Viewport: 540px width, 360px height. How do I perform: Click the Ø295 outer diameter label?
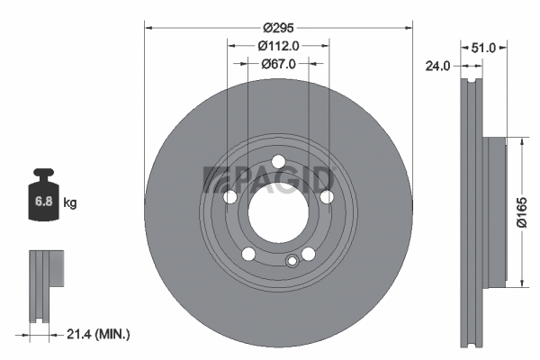coord(278,28)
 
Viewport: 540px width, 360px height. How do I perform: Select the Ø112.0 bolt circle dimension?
coord(278,46)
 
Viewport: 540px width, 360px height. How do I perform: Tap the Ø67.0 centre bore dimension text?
coord(278,64)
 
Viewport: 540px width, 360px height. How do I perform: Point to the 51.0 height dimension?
coord(482,48)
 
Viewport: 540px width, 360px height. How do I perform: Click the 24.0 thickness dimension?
coord(437,66)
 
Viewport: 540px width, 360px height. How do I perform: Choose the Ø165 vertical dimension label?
coord(522,212)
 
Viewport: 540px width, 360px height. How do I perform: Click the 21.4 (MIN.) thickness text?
coord(98,334)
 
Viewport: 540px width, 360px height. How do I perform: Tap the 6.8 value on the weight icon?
coord(44,201)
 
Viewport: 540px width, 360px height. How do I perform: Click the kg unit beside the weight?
coord(70,202)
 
